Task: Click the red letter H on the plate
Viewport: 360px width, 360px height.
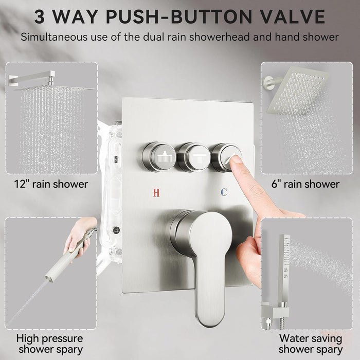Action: point(156,192)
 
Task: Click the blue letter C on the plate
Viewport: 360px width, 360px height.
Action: point(223,192)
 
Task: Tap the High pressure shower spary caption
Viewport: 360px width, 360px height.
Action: point(49,344)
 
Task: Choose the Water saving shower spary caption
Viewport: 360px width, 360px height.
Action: point(311,344)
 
